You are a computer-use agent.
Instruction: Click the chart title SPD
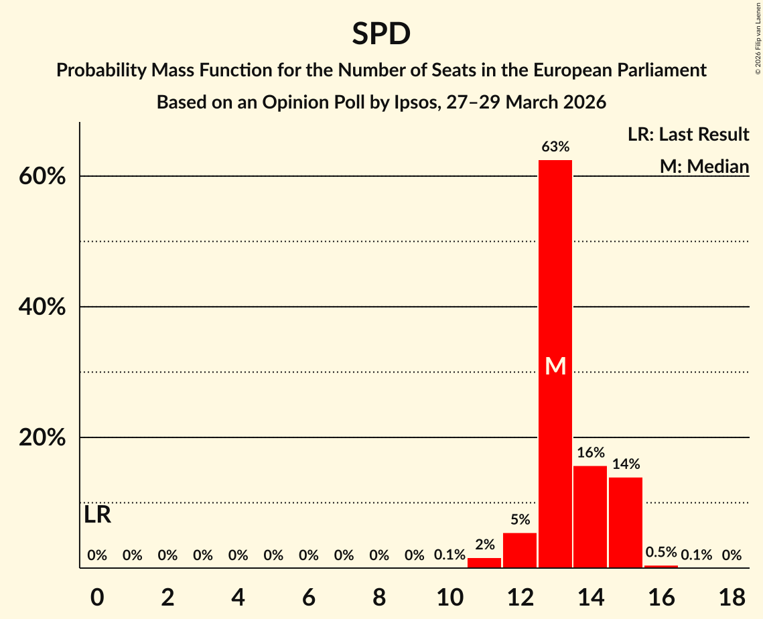point(381,33)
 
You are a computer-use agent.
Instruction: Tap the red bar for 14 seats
point(590,517)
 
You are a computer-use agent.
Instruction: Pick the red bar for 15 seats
point(626,523)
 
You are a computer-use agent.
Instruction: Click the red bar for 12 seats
point(520,550)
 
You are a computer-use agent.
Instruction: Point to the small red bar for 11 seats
point(484,563)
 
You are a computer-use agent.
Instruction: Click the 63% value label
point(555,147)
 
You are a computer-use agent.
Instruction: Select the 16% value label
point(590,453)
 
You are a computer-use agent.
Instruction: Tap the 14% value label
point(626,464)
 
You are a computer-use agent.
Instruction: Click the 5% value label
point(520,520)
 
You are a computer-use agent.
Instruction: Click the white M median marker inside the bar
point(555,366)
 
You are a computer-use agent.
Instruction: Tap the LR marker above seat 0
point(98,515)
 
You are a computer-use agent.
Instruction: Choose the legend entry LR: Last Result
point(688,135)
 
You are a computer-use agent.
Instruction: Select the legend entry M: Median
point(704,166)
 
